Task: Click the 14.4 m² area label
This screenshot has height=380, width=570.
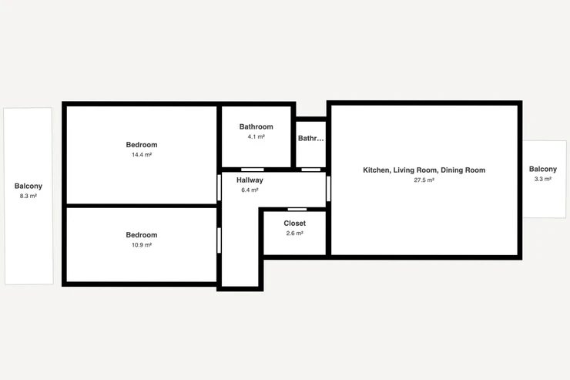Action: click(142, 155)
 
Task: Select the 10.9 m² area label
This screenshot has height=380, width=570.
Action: click(142, 245)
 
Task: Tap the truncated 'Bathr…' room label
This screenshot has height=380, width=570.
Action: click(311, 138)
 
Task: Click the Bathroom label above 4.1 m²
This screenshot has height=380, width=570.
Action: click(256, 126)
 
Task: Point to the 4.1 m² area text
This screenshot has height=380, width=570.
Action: click(256, 136)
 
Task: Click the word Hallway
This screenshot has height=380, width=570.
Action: click(250, 180)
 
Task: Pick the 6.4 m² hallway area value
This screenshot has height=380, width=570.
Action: click(250, 190)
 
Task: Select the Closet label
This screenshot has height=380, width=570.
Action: click(295, 224)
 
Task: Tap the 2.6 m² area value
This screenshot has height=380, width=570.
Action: click(295, 233)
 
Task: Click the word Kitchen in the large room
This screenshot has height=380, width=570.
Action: click(376, 170)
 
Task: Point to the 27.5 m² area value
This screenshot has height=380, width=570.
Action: click(424, 180)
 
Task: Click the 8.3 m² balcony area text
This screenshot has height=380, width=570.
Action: click(28, 196)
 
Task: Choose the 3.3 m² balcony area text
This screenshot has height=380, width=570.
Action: click(543, 179)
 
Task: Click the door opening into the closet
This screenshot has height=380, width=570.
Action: click(297, 210)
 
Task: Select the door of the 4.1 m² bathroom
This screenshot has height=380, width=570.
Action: click(253, 170)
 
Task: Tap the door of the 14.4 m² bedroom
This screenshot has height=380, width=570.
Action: click(220, 187)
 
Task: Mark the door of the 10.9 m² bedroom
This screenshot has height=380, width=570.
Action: click(220, 240)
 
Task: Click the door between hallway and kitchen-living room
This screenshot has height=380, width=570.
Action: click(329, 188)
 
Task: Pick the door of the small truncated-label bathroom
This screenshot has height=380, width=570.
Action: click(311, 170)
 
